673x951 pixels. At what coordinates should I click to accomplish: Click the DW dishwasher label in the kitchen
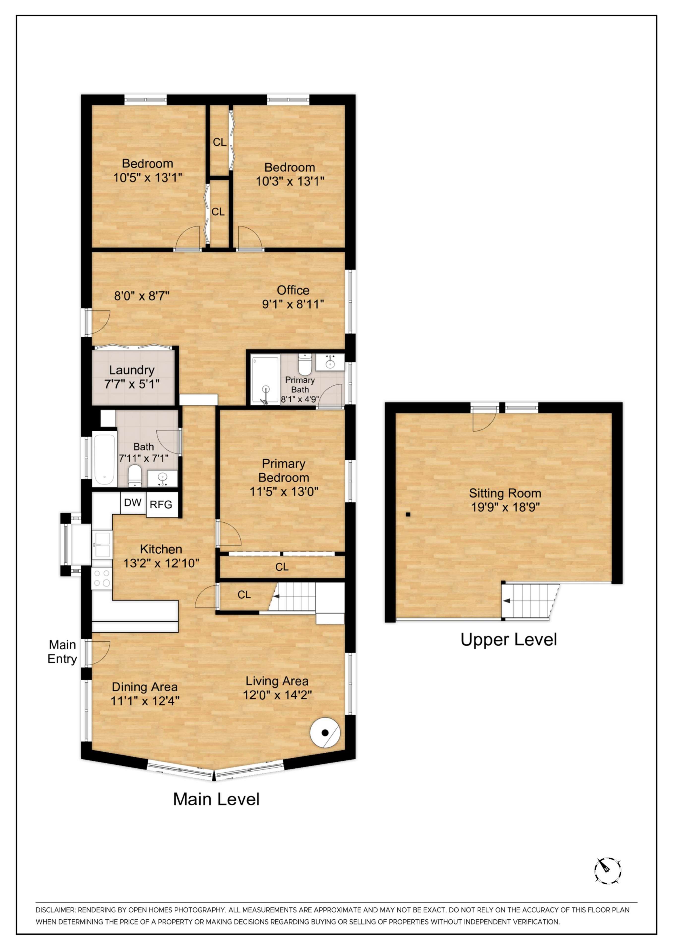tap(133, 502)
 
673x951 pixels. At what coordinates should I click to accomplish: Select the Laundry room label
tap(132, 370)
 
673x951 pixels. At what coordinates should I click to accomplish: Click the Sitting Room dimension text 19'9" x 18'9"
tap(505, 507)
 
